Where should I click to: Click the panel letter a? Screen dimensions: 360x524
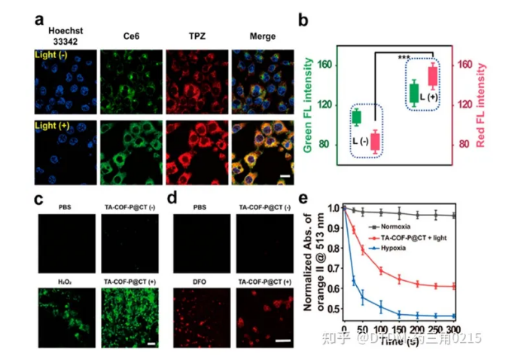click(38, 20)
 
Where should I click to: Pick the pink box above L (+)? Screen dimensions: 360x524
click(433, 75)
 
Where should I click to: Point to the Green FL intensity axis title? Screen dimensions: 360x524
click(309, 105)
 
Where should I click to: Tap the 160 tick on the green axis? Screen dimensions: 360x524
click(325, 66)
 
